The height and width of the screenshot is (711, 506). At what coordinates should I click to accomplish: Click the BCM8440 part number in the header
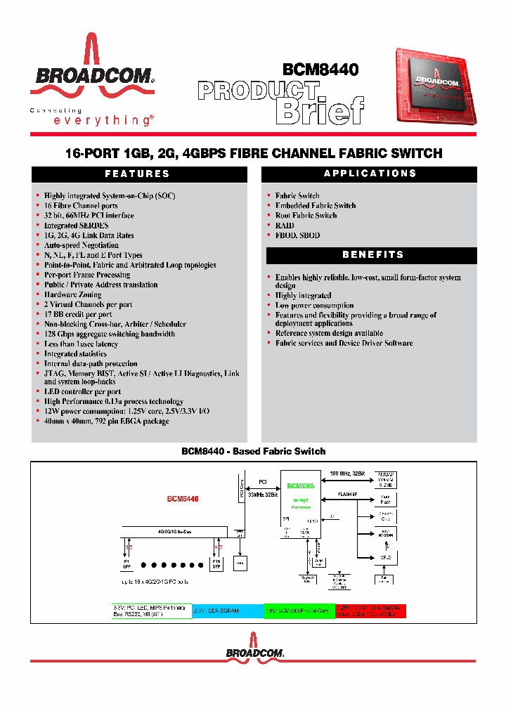pyautogui.click(x=320, y=70)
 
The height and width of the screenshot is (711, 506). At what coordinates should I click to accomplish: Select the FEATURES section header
pyautogui.click(x=138, y=174)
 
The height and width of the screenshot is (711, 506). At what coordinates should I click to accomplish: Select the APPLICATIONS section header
pyautogui.click(x=370, y=174)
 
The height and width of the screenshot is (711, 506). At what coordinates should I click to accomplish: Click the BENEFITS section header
pyautogui.click(x=370, y=254)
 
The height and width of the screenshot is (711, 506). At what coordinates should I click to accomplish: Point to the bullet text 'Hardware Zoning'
pyautogui.click(x=72, y=294)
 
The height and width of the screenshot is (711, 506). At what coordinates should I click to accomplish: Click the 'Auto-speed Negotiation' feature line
pyautogui.click(x=82, y=245)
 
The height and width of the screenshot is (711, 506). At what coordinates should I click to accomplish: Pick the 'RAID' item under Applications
pyautogui.click(x=285, y=226)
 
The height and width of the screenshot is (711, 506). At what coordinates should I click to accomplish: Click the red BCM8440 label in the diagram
pyautogui.click(x=183, y=499)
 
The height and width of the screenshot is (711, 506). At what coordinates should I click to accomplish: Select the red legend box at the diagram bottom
pyautogui.click(x=370, y=610)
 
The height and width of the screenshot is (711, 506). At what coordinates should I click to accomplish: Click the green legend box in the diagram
pyautogui.click(x=299, y=610)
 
